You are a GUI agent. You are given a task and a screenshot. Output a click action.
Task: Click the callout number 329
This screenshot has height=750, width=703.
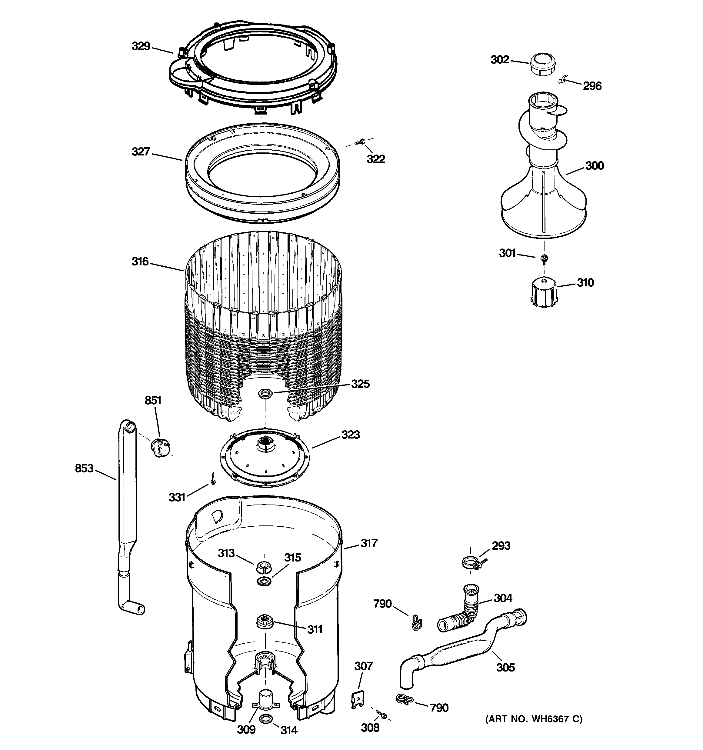(x=141, y=46)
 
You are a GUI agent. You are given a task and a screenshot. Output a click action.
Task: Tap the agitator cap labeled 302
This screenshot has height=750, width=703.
(x=543, y=65)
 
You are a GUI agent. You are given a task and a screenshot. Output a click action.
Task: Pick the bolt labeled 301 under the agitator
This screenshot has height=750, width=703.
(x=544, y=258)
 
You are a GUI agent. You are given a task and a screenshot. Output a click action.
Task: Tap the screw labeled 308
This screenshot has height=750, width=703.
(x=381, y=714)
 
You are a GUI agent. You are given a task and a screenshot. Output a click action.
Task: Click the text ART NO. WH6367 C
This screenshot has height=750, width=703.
(x=534, y=719)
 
